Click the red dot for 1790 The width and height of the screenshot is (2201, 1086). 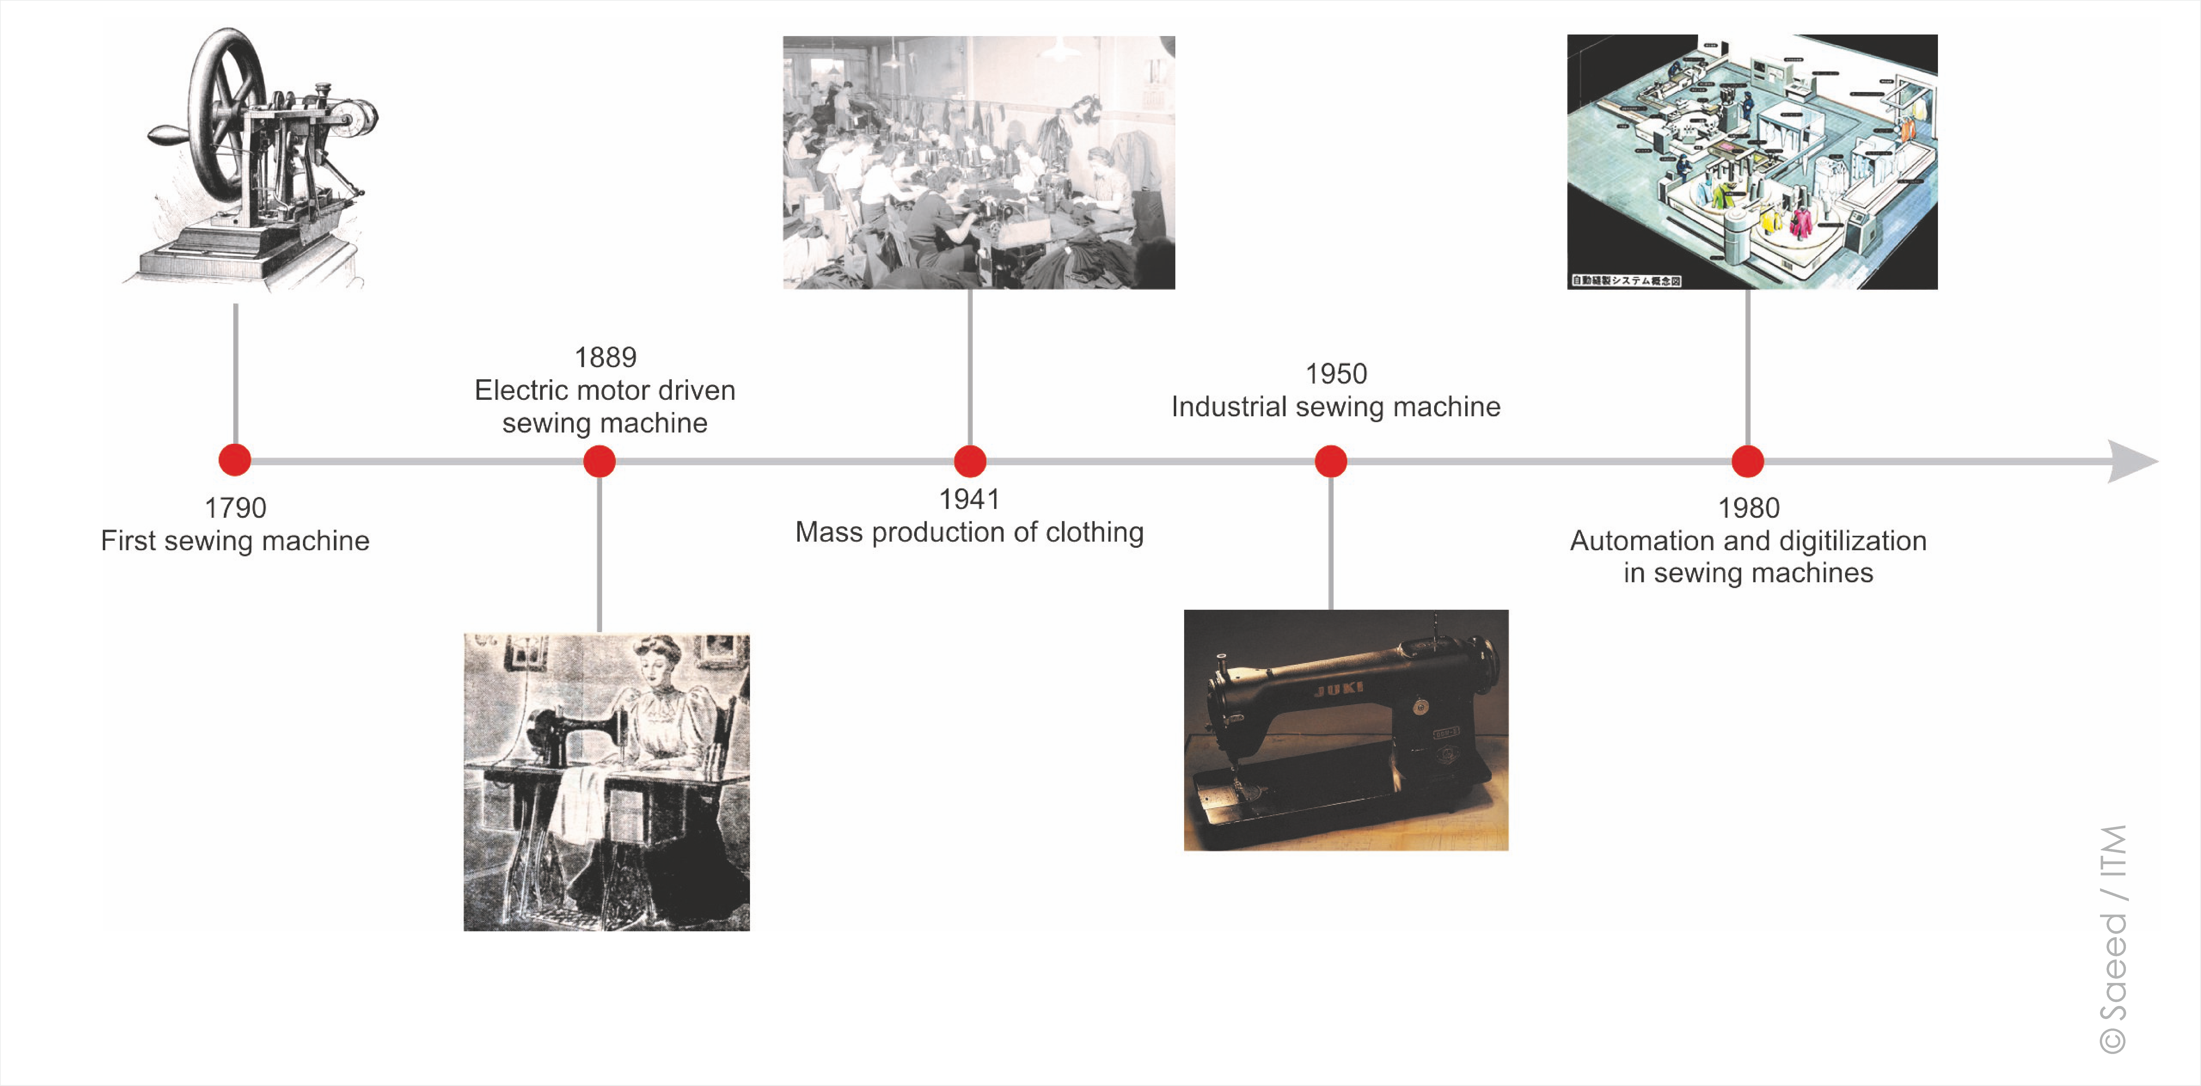point(235,460)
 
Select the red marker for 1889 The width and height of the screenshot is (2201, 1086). point(600,461)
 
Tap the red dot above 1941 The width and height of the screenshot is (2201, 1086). point(970,461)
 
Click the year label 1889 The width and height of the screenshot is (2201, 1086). point(605,357)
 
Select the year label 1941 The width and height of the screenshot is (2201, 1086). point(969,499)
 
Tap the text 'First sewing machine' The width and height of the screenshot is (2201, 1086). point(235,541)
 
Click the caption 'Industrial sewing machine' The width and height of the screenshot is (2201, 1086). point(1335,407)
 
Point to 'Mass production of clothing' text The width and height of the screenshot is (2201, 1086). point(969,532)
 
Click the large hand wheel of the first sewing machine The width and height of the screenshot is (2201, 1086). point(224,111)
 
